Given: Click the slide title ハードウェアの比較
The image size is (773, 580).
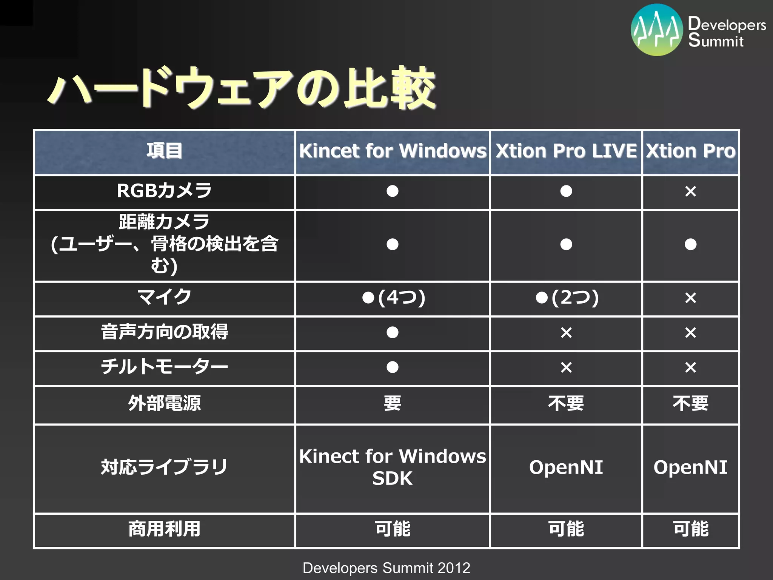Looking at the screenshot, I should coord(242,89).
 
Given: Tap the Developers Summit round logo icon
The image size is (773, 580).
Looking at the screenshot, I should coord(657,30).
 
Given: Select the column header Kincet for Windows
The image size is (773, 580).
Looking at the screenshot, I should coord(393,151).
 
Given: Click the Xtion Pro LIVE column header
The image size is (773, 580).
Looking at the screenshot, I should coord(566,151).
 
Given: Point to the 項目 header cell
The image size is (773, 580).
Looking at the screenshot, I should coord(165,151).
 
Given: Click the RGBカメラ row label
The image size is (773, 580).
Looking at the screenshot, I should coord(165,191).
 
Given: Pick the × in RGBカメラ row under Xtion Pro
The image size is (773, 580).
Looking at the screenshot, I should coord(690,191).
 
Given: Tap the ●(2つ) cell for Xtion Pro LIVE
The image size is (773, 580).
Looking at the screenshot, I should coord(567,298).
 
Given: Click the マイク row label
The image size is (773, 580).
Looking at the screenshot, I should coord(165,297).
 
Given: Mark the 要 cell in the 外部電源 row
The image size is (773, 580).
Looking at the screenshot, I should coord(393,403).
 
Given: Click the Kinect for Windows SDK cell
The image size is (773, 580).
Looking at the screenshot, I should coord(393,467).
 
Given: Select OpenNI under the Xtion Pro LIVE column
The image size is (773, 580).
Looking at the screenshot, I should coord(566,467).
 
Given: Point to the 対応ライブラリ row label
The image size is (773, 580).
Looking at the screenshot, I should coord(165,467).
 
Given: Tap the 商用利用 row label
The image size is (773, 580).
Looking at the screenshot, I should coord(165,529).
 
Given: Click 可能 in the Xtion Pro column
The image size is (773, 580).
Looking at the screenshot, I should coord(690,529).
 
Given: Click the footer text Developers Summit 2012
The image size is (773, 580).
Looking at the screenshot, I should coord(386,568).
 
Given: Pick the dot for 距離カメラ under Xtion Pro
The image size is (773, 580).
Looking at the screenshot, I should coord(690,244).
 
